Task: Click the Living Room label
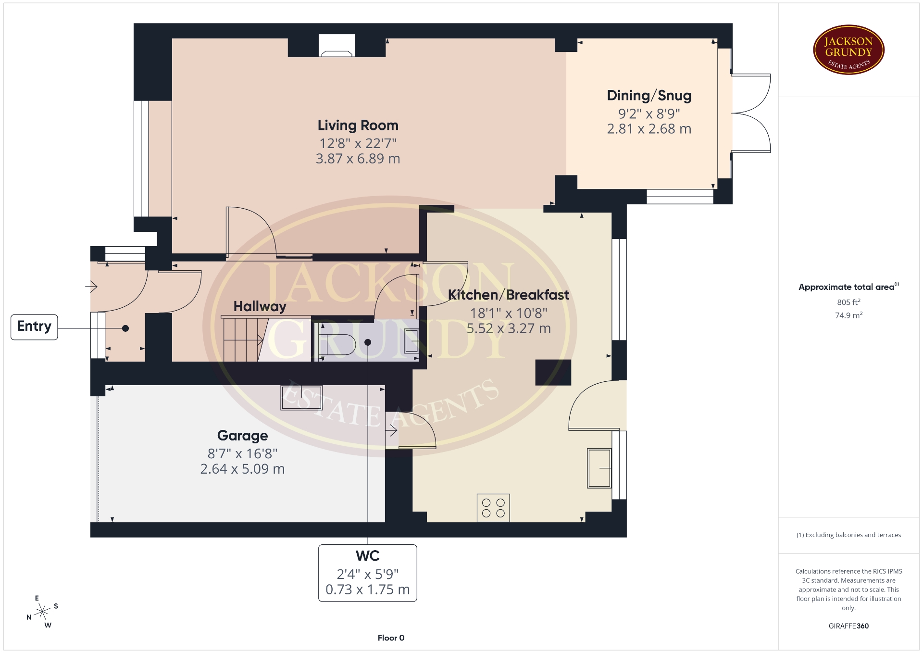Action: tap(358, 126)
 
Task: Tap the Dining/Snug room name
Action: tap(649, 96)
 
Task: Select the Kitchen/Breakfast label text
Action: tap(509, 295)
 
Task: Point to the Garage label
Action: tap(242, 436)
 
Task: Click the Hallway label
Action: tap(260, 306)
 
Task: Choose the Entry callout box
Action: tap(34, 327)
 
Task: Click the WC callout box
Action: tap(368, 573)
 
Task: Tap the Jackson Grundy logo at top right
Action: tap(849, 50)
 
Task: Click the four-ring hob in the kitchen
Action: tap(493, 508)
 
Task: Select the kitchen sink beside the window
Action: tap(599, 468)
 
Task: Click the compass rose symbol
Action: tap(42, 612)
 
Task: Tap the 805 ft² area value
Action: tap(848, 302)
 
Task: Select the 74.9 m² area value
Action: tap(848, 315)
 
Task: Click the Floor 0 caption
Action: tap(391, 638)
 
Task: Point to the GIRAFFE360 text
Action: tap(848, 626)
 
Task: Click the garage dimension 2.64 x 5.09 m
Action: tap(242, 469)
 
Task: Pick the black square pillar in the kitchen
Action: tap(553, 372)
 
